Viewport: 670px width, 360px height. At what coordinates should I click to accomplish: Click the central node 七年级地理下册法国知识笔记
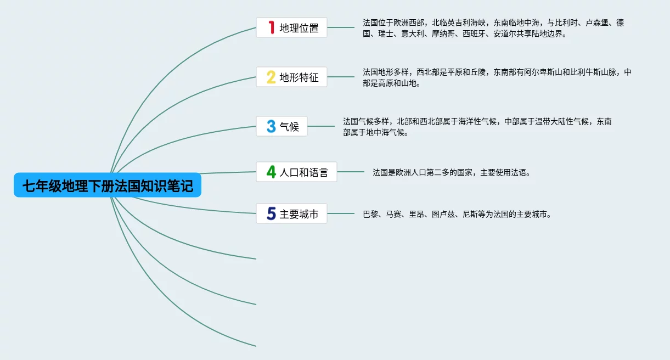[108, 185]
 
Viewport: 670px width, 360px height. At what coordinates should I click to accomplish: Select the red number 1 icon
[271, 27]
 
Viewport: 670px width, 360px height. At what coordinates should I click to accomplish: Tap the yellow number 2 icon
[271, 77]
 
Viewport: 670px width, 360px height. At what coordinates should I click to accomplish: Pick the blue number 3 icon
[271, 126]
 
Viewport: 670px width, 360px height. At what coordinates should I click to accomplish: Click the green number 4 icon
[271, 172]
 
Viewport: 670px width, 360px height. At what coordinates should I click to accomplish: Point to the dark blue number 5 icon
[271, 213]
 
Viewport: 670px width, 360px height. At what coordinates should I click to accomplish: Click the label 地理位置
[299, 28]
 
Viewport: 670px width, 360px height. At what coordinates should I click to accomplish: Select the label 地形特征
[299, 77]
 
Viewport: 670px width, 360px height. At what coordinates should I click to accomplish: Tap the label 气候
[289, 127]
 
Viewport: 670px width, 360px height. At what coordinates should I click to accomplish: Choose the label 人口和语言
[304, 172]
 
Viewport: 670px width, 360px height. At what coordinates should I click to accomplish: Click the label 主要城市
[299, 214]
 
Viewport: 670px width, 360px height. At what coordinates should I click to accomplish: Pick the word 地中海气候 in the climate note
[386, 132]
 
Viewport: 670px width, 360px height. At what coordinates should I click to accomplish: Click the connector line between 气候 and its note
[321, 126]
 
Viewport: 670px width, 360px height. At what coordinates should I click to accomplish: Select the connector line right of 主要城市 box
[341, 213]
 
